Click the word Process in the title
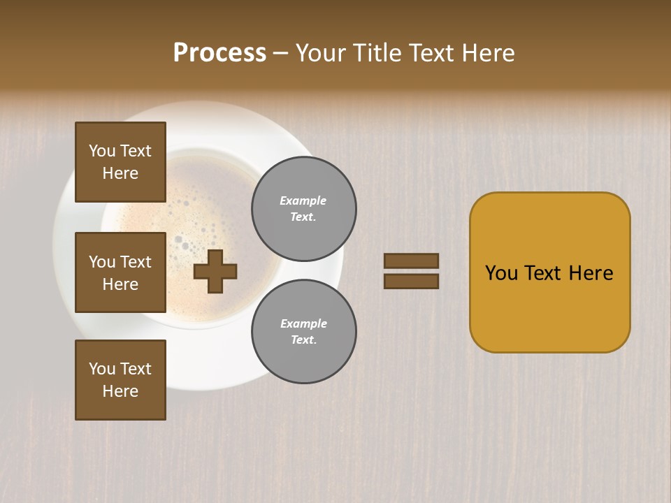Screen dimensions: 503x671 click(x=219, y=53)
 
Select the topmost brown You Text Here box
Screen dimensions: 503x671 click(x=120, y=162)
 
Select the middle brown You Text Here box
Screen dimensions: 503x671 click(x=120, y=272)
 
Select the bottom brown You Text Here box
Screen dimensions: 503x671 click(x=120, y=379)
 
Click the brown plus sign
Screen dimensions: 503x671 click(x=215, y=271)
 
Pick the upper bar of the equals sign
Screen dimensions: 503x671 click(x=411, y=261)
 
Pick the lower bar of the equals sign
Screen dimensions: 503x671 click(x=411, y=281)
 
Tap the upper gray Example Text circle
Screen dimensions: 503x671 click(x=304, y=209)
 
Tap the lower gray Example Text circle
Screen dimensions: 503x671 click(x=304, y=331)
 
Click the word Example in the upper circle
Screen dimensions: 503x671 click(x=303, y=201)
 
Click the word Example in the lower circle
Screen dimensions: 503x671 click(x=303, y=323)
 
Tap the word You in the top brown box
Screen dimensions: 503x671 click(x=102, y=151)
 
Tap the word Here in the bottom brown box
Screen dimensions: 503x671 click(x=120, y=391)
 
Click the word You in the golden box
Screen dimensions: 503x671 click(x=501, y=273)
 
